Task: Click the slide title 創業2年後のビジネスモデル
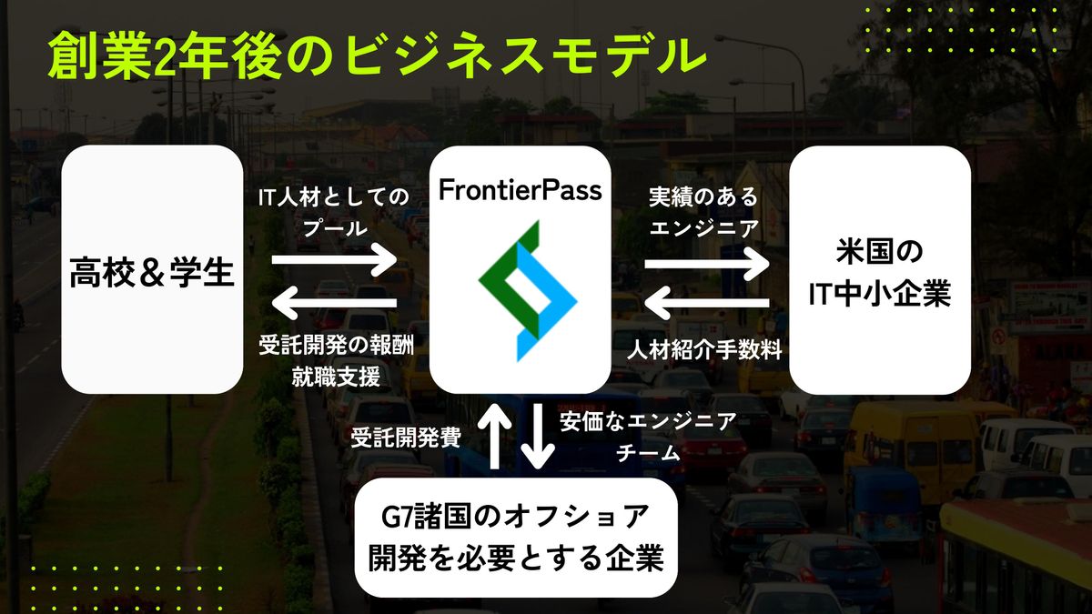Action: click(x=377, y=57)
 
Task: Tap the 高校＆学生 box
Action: click(x=152, y=269)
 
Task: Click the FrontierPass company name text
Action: click(x=521, y=190)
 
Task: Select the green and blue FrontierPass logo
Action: click(x=528, y=291)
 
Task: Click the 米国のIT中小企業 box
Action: click(x=880, y=269)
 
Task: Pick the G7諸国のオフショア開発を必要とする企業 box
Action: click(x=516, y=537)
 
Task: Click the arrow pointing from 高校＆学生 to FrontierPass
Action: click(x=334, y=259)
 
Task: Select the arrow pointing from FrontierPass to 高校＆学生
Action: click(x=334, y=303)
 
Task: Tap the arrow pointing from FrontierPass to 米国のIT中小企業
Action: click(x=707, y=264)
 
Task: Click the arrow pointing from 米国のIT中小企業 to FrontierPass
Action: click(x=707, y=303)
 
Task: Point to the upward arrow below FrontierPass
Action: click(x=494, y=436)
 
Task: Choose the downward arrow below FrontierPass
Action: click(x=537, y=436)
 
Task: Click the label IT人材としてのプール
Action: click(x=334, y=213)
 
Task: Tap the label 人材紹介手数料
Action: click(x=704, y=349)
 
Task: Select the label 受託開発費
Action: click(x=406, y=438)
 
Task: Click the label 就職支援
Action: click(x=336, y=377)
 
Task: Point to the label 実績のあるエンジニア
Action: click(x=704, y=213)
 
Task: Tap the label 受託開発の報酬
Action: click(x=336, y=346)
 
